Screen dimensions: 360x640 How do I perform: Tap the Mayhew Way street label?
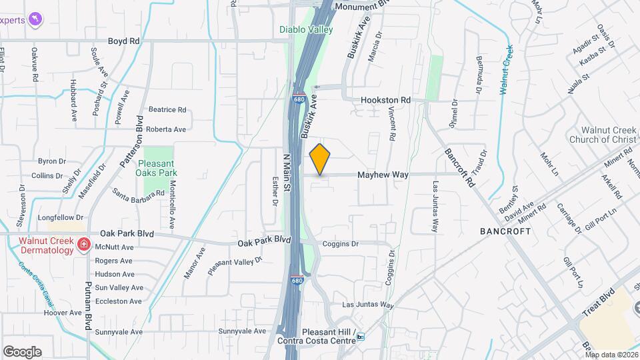tap(383, 175)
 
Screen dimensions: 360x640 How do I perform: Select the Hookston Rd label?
tap(385, 100)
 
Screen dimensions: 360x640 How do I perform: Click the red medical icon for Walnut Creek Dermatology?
tap(83, 245)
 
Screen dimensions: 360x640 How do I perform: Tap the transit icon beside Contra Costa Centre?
tap(361, 337)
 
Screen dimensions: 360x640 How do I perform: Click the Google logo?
tap(22, 351)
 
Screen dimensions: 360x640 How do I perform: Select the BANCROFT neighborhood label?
tap(505, 231)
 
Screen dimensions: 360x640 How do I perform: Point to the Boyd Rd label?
tap(123, 41)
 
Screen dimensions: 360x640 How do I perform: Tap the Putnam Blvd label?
tap(88, 307)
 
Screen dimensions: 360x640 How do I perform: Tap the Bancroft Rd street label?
tap(460, 167)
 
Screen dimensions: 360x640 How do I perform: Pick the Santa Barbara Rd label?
tap(138, 194)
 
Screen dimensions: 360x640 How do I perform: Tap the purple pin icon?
tap(35, 18)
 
